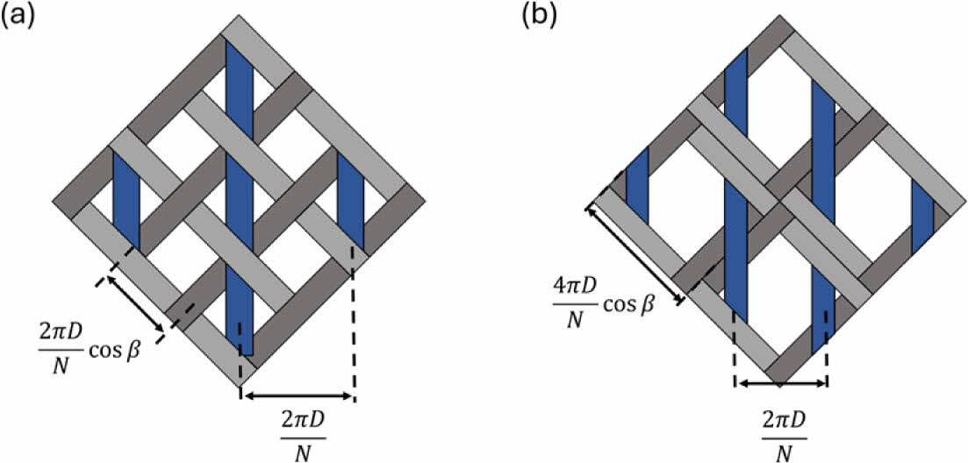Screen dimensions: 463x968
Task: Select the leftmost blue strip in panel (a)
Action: [126, 197]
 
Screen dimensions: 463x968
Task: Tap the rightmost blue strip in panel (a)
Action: [350, 197]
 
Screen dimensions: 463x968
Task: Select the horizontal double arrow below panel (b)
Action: [781, 383]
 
